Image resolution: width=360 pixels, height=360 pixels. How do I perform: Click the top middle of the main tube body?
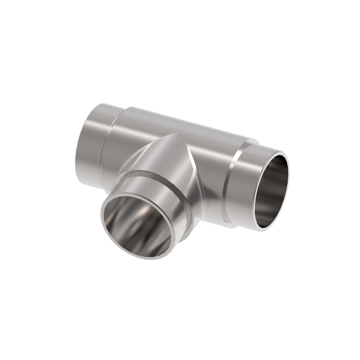[184, 119]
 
